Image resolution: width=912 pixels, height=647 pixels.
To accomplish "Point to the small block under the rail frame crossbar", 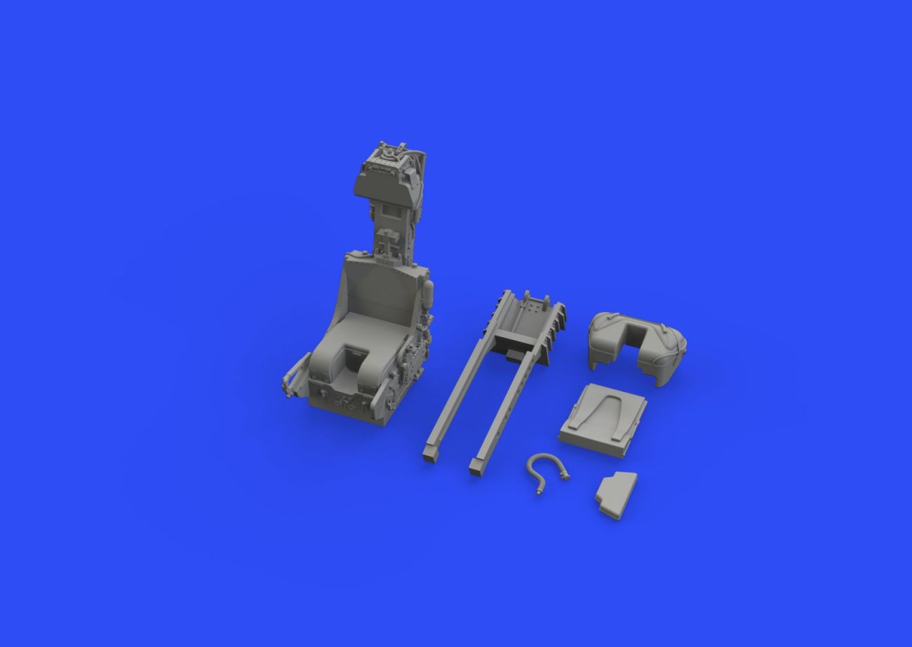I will click(517, 357).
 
